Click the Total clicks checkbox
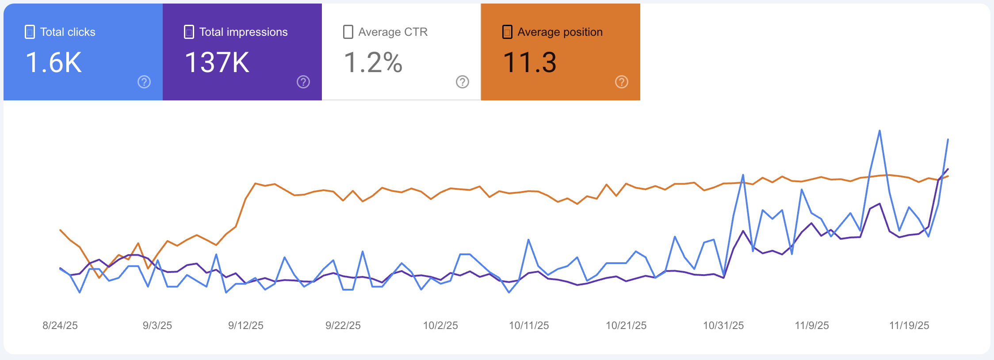(30, 32)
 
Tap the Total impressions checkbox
(189, 32)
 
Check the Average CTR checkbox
(348, 32)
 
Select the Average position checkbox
(507, 32)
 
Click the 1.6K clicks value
(54, 62)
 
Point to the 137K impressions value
(217, 62)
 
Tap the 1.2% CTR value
(373, 62)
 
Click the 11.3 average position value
(529, 62)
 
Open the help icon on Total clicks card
(144, 82)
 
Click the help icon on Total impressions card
(303, 82)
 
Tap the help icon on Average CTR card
(463, 82)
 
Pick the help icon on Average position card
(622, 82)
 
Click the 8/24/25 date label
(60, 326)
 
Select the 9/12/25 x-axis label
(246, 326)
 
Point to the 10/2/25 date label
(440, 326)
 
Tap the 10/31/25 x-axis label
(723, 326)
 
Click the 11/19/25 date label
(909, 326)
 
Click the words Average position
(560, 32)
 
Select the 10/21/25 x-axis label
(626, 326)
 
